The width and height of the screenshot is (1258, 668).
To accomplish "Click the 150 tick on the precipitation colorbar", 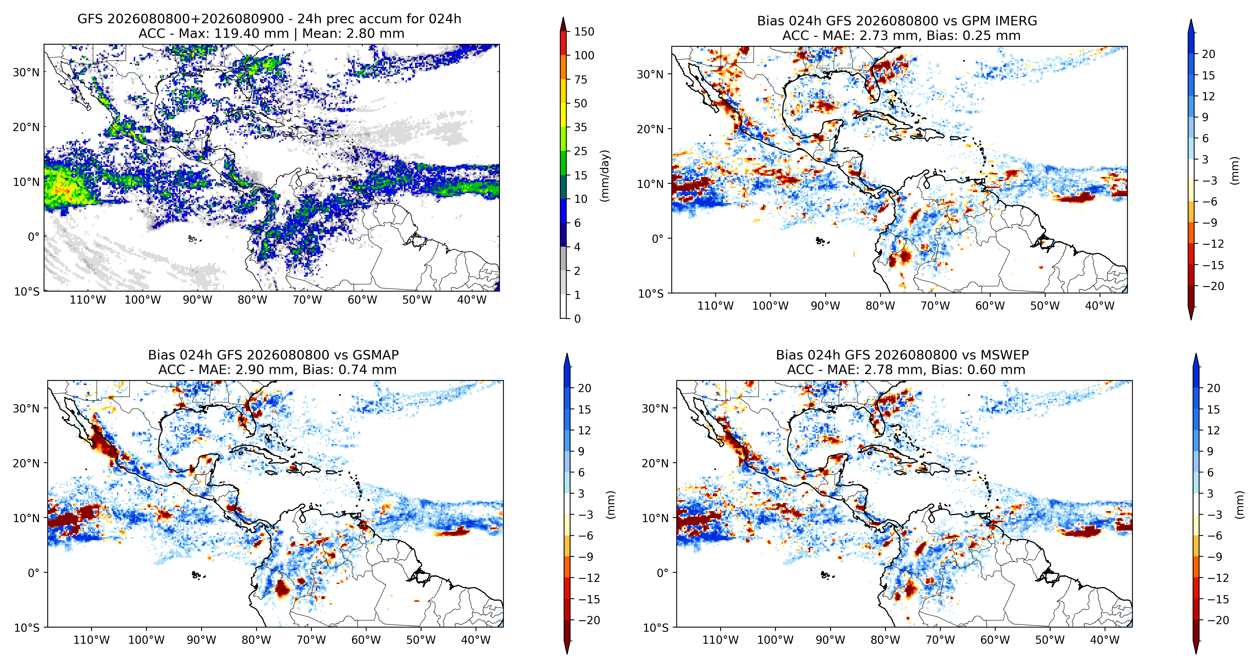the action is coord(584,32).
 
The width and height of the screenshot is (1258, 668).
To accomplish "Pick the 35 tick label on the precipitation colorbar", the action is coord(581,127).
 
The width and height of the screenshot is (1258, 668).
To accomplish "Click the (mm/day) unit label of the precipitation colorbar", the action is coord(605,176).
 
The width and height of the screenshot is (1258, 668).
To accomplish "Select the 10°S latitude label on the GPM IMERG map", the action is coord(651,294).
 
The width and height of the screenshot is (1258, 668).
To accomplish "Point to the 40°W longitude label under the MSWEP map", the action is coord(1105,640).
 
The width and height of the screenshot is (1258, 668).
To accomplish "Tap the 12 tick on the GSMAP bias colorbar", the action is coord(585,430).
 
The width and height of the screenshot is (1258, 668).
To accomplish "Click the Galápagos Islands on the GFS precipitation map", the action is coord(193,239).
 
